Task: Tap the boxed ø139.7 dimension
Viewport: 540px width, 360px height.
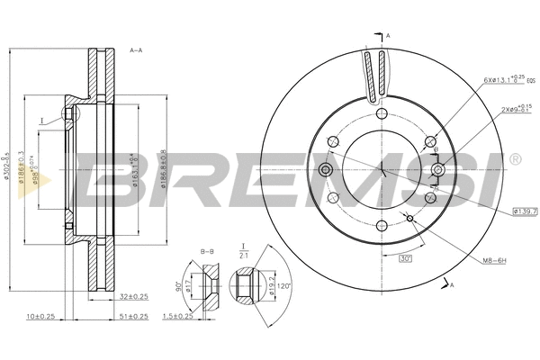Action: click(525, 211)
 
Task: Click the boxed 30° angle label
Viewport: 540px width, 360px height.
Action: click(405, 259)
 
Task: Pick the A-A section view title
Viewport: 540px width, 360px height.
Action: click(138, 50)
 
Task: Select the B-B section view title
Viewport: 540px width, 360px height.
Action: click(208, 251)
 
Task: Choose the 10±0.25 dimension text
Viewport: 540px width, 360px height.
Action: click(41, 318)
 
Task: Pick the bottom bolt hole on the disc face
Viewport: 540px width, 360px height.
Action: click(382, 225)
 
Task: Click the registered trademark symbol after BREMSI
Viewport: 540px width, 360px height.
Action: click(514, 159)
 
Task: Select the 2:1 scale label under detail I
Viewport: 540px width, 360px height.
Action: click(242, 256)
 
